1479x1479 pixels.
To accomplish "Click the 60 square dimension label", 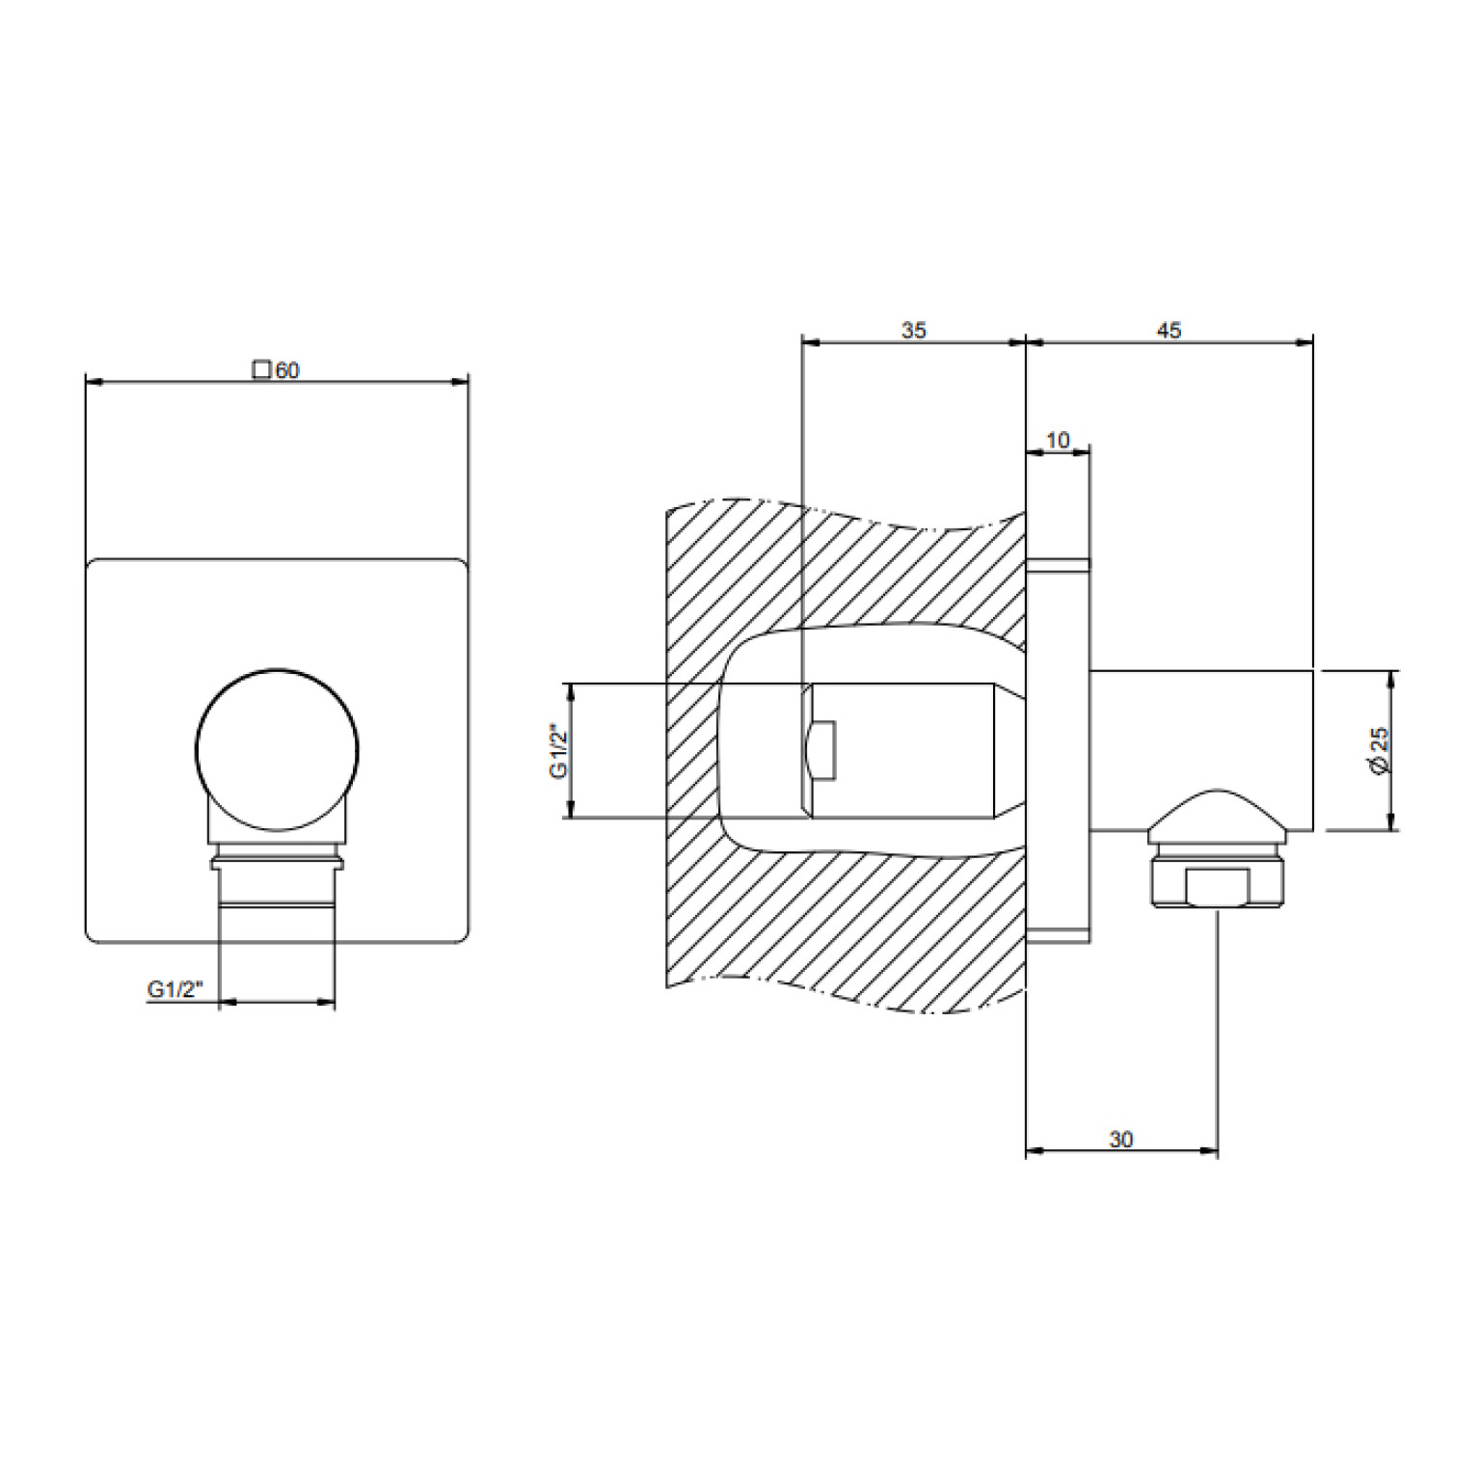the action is point(277,370).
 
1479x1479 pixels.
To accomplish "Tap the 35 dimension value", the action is point(914,330).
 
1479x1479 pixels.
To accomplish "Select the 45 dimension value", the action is point(1169,330).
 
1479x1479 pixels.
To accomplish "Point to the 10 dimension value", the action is point(1058,440).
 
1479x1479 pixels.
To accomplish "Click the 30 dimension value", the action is point(1121,1140).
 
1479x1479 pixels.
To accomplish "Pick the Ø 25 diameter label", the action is point(1380,749).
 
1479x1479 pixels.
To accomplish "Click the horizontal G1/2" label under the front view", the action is point(175,989).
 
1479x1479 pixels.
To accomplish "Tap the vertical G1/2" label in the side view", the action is point(559,750).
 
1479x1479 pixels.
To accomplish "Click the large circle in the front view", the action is point(277,750).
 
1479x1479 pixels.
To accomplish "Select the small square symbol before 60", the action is point(260,370).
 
